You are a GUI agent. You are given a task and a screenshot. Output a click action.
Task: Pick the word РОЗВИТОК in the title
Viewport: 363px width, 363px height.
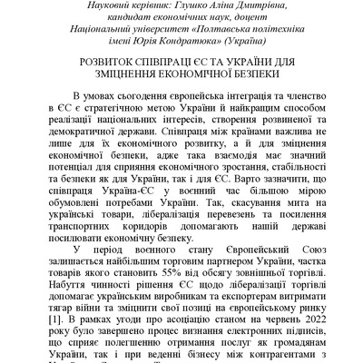tap(106, 66)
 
